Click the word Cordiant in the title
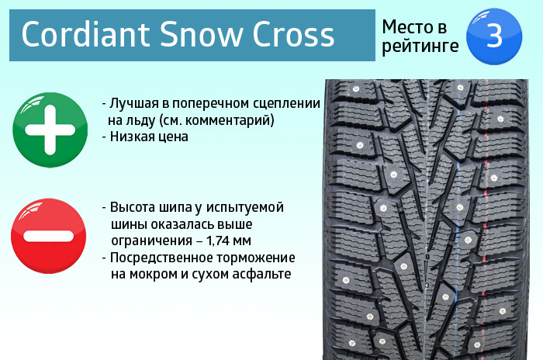[85, 34]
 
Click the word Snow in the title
[201, 34]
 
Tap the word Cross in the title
[293, 34]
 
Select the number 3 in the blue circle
[494, 36]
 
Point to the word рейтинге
[420, 46]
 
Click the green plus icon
[50, 130]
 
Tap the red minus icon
[48, 236]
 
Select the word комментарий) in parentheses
[230, 120]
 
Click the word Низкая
[130, 137]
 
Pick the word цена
[171, 137]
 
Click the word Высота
[133, 207]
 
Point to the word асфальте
[261, 275]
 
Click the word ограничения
[152, 241]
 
